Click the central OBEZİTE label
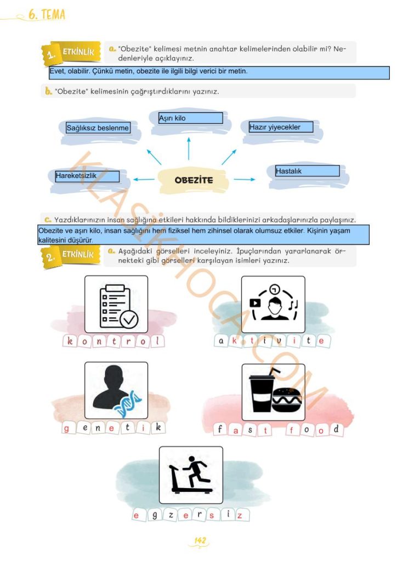194,180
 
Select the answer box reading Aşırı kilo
190,118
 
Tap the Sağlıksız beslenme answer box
98,128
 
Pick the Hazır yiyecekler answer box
281,127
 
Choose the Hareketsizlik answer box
87,176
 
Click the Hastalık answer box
308,171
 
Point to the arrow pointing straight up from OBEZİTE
189,148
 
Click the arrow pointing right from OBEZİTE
245,179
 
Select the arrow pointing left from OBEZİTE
144,179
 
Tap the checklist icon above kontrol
118,307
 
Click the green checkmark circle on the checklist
129,319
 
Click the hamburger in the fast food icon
286,400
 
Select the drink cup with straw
262,390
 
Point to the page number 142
200,540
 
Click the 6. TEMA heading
47,15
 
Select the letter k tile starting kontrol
70,341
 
